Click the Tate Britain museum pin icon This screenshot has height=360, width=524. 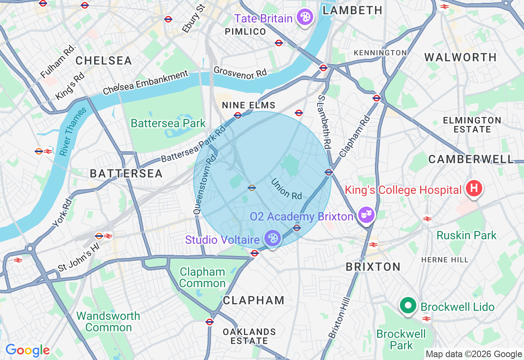pos(305,18)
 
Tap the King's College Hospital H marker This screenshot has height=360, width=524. pos(474,189)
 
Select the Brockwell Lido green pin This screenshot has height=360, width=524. pos(408,306)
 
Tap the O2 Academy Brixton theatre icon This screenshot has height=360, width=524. pos(366,214)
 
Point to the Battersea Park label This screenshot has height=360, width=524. pos(168,123)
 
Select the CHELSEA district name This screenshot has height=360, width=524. pos(104,61)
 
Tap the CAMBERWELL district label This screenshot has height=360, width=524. pos(471,159)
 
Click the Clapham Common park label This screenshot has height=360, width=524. pos(202,277)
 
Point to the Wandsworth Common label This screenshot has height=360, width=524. pos(108,322)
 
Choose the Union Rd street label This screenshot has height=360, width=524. pos(286,189)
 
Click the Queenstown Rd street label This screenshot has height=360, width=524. pos(204,185)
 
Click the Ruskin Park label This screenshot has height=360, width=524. pos(466,235)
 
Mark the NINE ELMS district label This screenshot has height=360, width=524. pos(248,106)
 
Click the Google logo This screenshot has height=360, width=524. pos(27,350)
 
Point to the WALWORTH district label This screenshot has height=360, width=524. pos(460,57)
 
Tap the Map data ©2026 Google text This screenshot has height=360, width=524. pos(474,354)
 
